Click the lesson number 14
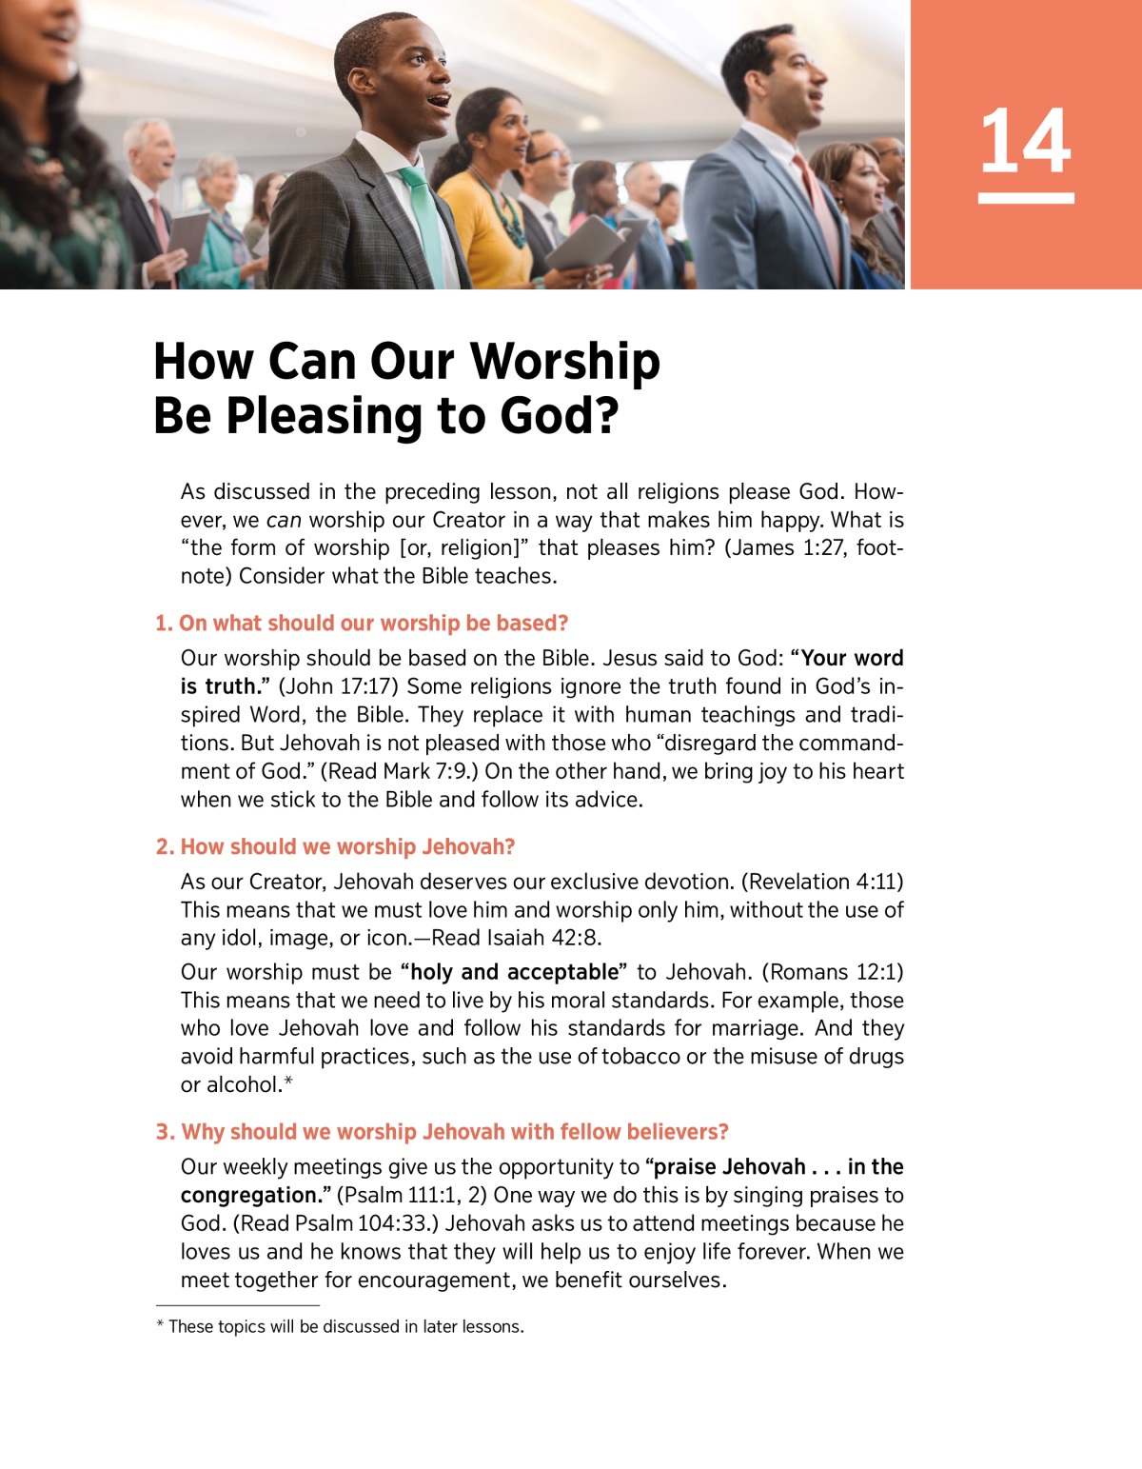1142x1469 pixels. tap(1025, 141)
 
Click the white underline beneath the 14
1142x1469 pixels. tap(1025, 198)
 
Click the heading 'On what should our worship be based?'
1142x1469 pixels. tap(362, 624)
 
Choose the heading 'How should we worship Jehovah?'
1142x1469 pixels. tap(336, 847)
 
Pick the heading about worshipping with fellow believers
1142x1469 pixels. tap(443, 1132)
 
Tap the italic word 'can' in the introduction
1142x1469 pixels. tap(284, 521)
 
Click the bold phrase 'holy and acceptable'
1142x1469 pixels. tap(514, 972)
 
